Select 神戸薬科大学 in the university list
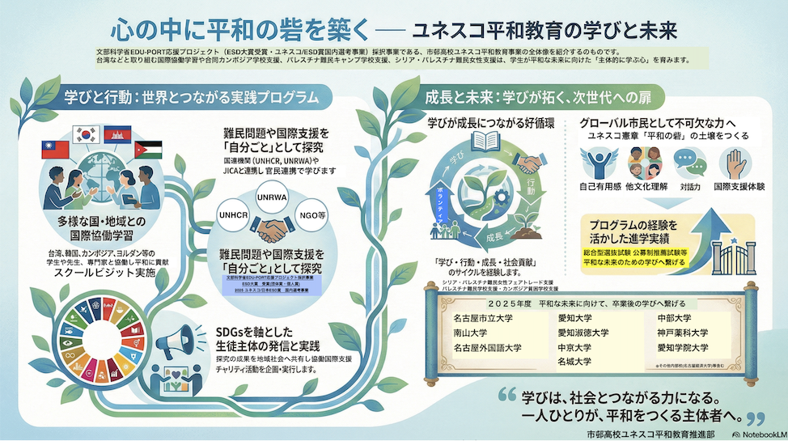coord(682,333)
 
